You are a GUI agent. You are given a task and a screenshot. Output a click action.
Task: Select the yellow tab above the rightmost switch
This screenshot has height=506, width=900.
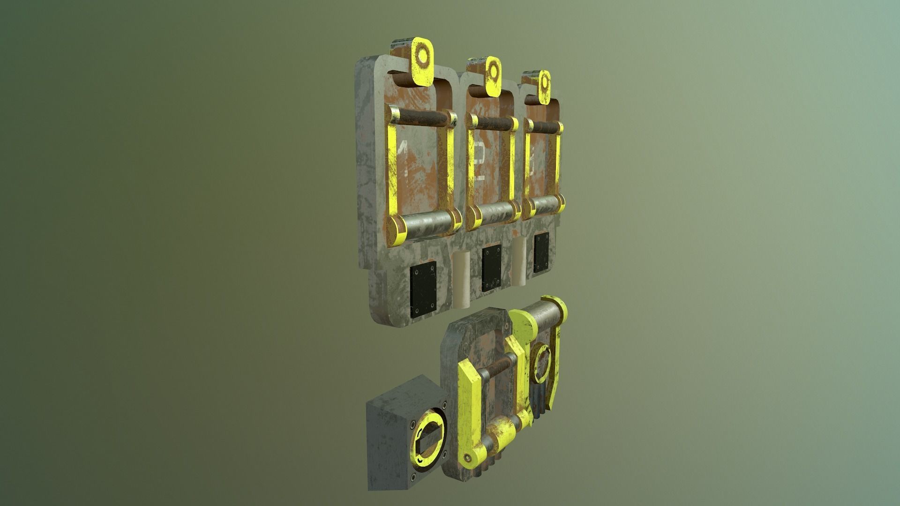(x=544, y=88)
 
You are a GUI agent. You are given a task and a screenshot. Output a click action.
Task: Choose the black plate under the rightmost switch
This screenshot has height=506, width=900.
(x=541, y=253)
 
